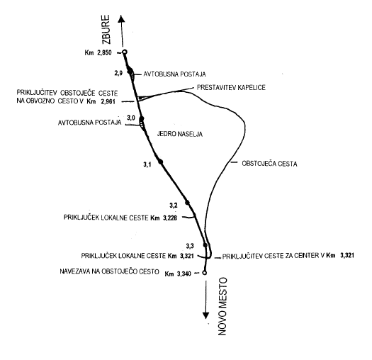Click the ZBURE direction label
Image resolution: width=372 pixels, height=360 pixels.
coord(106,30)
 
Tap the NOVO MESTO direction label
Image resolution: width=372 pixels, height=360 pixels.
coord(222,306)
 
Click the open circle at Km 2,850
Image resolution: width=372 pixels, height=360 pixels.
coord(125,52)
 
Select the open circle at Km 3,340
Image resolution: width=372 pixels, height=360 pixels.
coord(205,273)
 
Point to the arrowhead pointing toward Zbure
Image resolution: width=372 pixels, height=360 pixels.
coord(121,18)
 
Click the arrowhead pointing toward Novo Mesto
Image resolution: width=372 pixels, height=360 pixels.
coord(205,315)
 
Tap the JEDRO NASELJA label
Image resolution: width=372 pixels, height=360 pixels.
coord(180,134)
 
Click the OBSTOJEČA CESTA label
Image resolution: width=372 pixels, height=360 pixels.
coord(269,164)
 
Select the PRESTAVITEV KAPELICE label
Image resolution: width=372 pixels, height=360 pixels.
coord(231,88)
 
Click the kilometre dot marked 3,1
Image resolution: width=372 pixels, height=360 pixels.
coord(161,162)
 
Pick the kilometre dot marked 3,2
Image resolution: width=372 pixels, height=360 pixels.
coord(187,203)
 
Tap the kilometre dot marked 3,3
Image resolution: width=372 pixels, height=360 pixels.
coord(205,245)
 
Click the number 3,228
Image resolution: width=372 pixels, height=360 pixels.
coord(170,218)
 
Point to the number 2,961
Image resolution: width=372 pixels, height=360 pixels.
coord(108,101)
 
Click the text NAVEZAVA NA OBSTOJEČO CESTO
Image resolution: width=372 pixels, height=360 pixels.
coord(109,271)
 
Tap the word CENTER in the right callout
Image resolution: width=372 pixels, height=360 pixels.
coord(305,256)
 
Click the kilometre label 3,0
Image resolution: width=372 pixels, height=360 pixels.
coord(131,118)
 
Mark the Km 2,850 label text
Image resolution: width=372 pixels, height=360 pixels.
coord(98,52)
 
